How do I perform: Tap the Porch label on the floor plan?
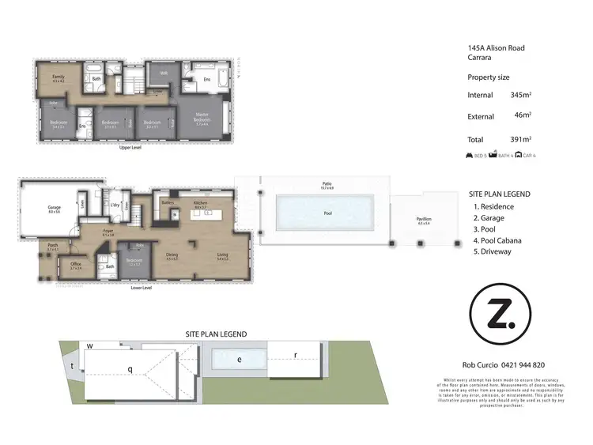(53, 246)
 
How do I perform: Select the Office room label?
(76, 265)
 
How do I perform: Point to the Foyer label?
(108, 231)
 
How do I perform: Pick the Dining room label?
(171, 255)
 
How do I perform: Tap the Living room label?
(222, 255)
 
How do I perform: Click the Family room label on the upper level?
(58, 77)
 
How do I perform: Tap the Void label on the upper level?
(164, 74)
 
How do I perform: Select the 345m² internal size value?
(520, 95)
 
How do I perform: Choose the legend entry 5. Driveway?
(492, 251)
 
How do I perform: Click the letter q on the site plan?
(130, 368)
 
